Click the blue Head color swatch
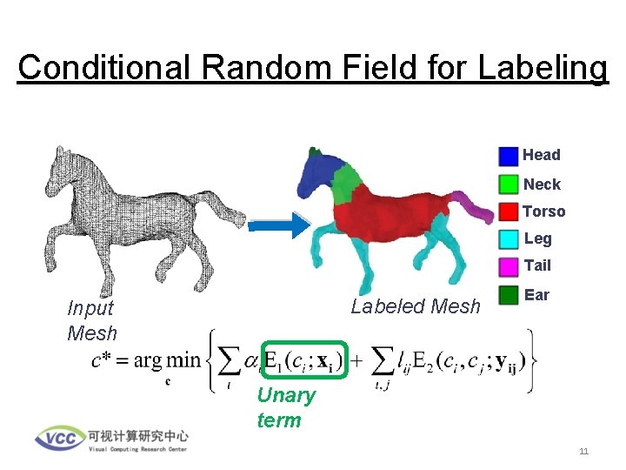point(509,156)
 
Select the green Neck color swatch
point(509,185)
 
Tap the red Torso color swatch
point(509,211)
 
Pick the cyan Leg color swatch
point(509,238)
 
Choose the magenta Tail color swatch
point(509,265)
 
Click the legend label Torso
point(543,211)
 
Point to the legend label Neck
point(542,185)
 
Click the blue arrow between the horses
point(278,225)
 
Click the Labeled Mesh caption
point(415,306)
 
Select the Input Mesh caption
point(90,320)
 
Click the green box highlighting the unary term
point(304,359)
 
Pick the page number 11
point(583,451)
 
